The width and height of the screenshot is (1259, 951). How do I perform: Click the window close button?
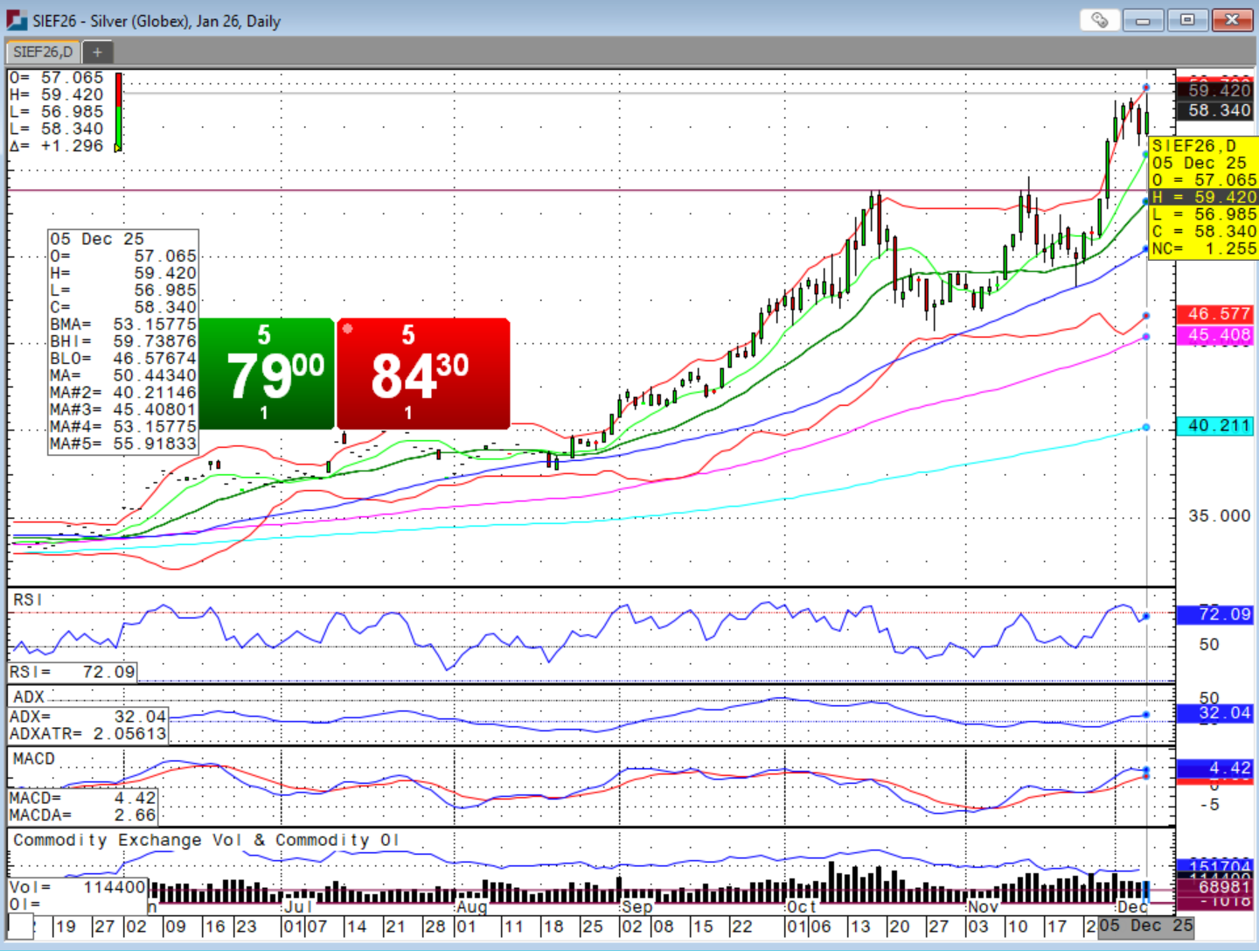click(x=1232, y=19)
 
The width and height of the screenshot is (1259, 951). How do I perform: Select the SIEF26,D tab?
click(x=43, y=52)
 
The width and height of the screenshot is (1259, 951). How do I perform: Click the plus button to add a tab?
click(x=97, y=52)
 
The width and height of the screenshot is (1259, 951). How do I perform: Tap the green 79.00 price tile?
click(x=267, y=374)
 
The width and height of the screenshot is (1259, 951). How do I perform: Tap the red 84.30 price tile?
click(x=422, y=374)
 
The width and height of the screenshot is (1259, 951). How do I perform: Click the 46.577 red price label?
click(x=1219, y=314)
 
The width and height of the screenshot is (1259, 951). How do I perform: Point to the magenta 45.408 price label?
click(x=1219, y=335)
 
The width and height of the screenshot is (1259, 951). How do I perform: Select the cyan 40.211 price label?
click(x=1219, y=426)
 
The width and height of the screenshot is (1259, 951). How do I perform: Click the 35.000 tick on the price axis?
click(x=1219, y=516)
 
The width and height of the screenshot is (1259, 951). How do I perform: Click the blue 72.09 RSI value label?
click(x=1219, y=614)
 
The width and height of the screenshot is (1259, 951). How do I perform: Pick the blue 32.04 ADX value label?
click(x=1219, y=713)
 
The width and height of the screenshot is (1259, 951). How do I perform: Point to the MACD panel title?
click(x=34, y=759)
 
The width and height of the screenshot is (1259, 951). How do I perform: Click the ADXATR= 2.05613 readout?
click(x=87, y=734)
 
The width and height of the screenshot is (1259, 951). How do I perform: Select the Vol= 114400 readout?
click(x=77, y=887)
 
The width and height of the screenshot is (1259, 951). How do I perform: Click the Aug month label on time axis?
click(x=471, y=907)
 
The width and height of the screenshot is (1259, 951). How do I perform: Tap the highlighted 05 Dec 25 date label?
click(x=1145, y=926)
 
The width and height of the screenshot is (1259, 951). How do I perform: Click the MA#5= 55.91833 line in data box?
click(x=122, y=444)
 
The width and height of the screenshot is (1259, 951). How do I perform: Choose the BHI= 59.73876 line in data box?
click(x=122, y=341)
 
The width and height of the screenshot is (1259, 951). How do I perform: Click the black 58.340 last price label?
click(x=1219, y=110)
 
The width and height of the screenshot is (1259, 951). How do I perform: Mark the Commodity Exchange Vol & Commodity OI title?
click(x=205, y=841)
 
